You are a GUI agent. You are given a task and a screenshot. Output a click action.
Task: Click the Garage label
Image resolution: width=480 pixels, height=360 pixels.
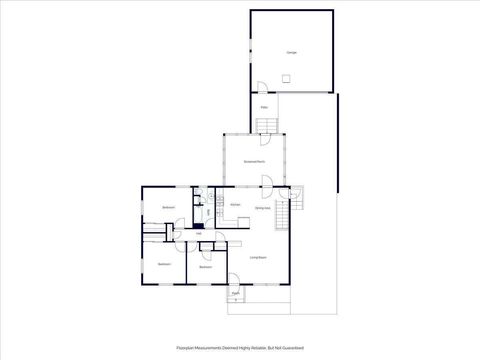[292, 52]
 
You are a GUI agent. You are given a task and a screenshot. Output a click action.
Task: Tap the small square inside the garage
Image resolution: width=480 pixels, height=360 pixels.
[286, 78]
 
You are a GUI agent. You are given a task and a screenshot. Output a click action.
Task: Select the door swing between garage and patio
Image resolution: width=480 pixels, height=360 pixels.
[261, 87]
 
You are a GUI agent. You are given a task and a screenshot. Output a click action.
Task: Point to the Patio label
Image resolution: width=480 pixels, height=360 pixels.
[264, 107]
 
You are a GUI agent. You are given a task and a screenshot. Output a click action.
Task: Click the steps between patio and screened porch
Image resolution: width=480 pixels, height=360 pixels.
[266, 125]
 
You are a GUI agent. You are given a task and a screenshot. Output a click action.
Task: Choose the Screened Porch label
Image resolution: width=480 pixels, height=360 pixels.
[255, 161]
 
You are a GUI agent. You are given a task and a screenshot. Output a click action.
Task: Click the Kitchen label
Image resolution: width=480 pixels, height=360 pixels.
[235, 206]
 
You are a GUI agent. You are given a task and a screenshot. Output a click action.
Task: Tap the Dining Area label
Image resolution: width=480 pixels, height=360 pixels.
[262, 208]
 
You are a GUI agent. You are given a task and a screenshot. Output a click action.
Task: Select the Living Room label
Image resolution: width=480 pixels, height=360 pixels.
[257, 258]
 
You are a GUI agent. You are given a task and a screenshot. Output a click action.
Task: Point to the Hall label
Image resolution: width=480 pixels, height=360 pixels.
[185, 235]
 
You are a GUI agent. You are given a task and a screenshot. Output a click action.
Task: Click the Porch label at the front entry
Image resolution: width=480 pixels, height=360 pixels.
[236, 293]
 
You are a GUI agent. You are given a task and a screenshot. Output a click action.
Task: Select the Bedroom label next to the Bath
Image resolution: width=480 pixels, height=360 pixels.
[169, 208]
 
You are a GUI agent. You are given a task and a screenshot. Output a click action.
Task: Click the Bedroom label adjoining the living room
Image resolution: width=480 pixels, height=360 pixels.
[205, 267]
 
